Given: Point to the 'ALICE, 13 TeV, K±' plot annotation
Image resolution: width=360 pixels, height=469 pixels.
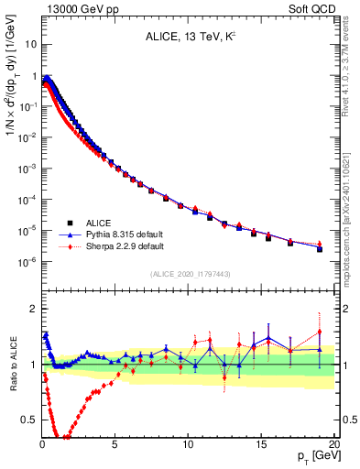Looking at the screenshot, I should click(x=188, y=38).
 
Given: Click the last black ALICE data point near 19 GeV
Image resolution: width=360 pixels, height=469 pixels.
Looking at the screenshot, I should click(x=320, y=248).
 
